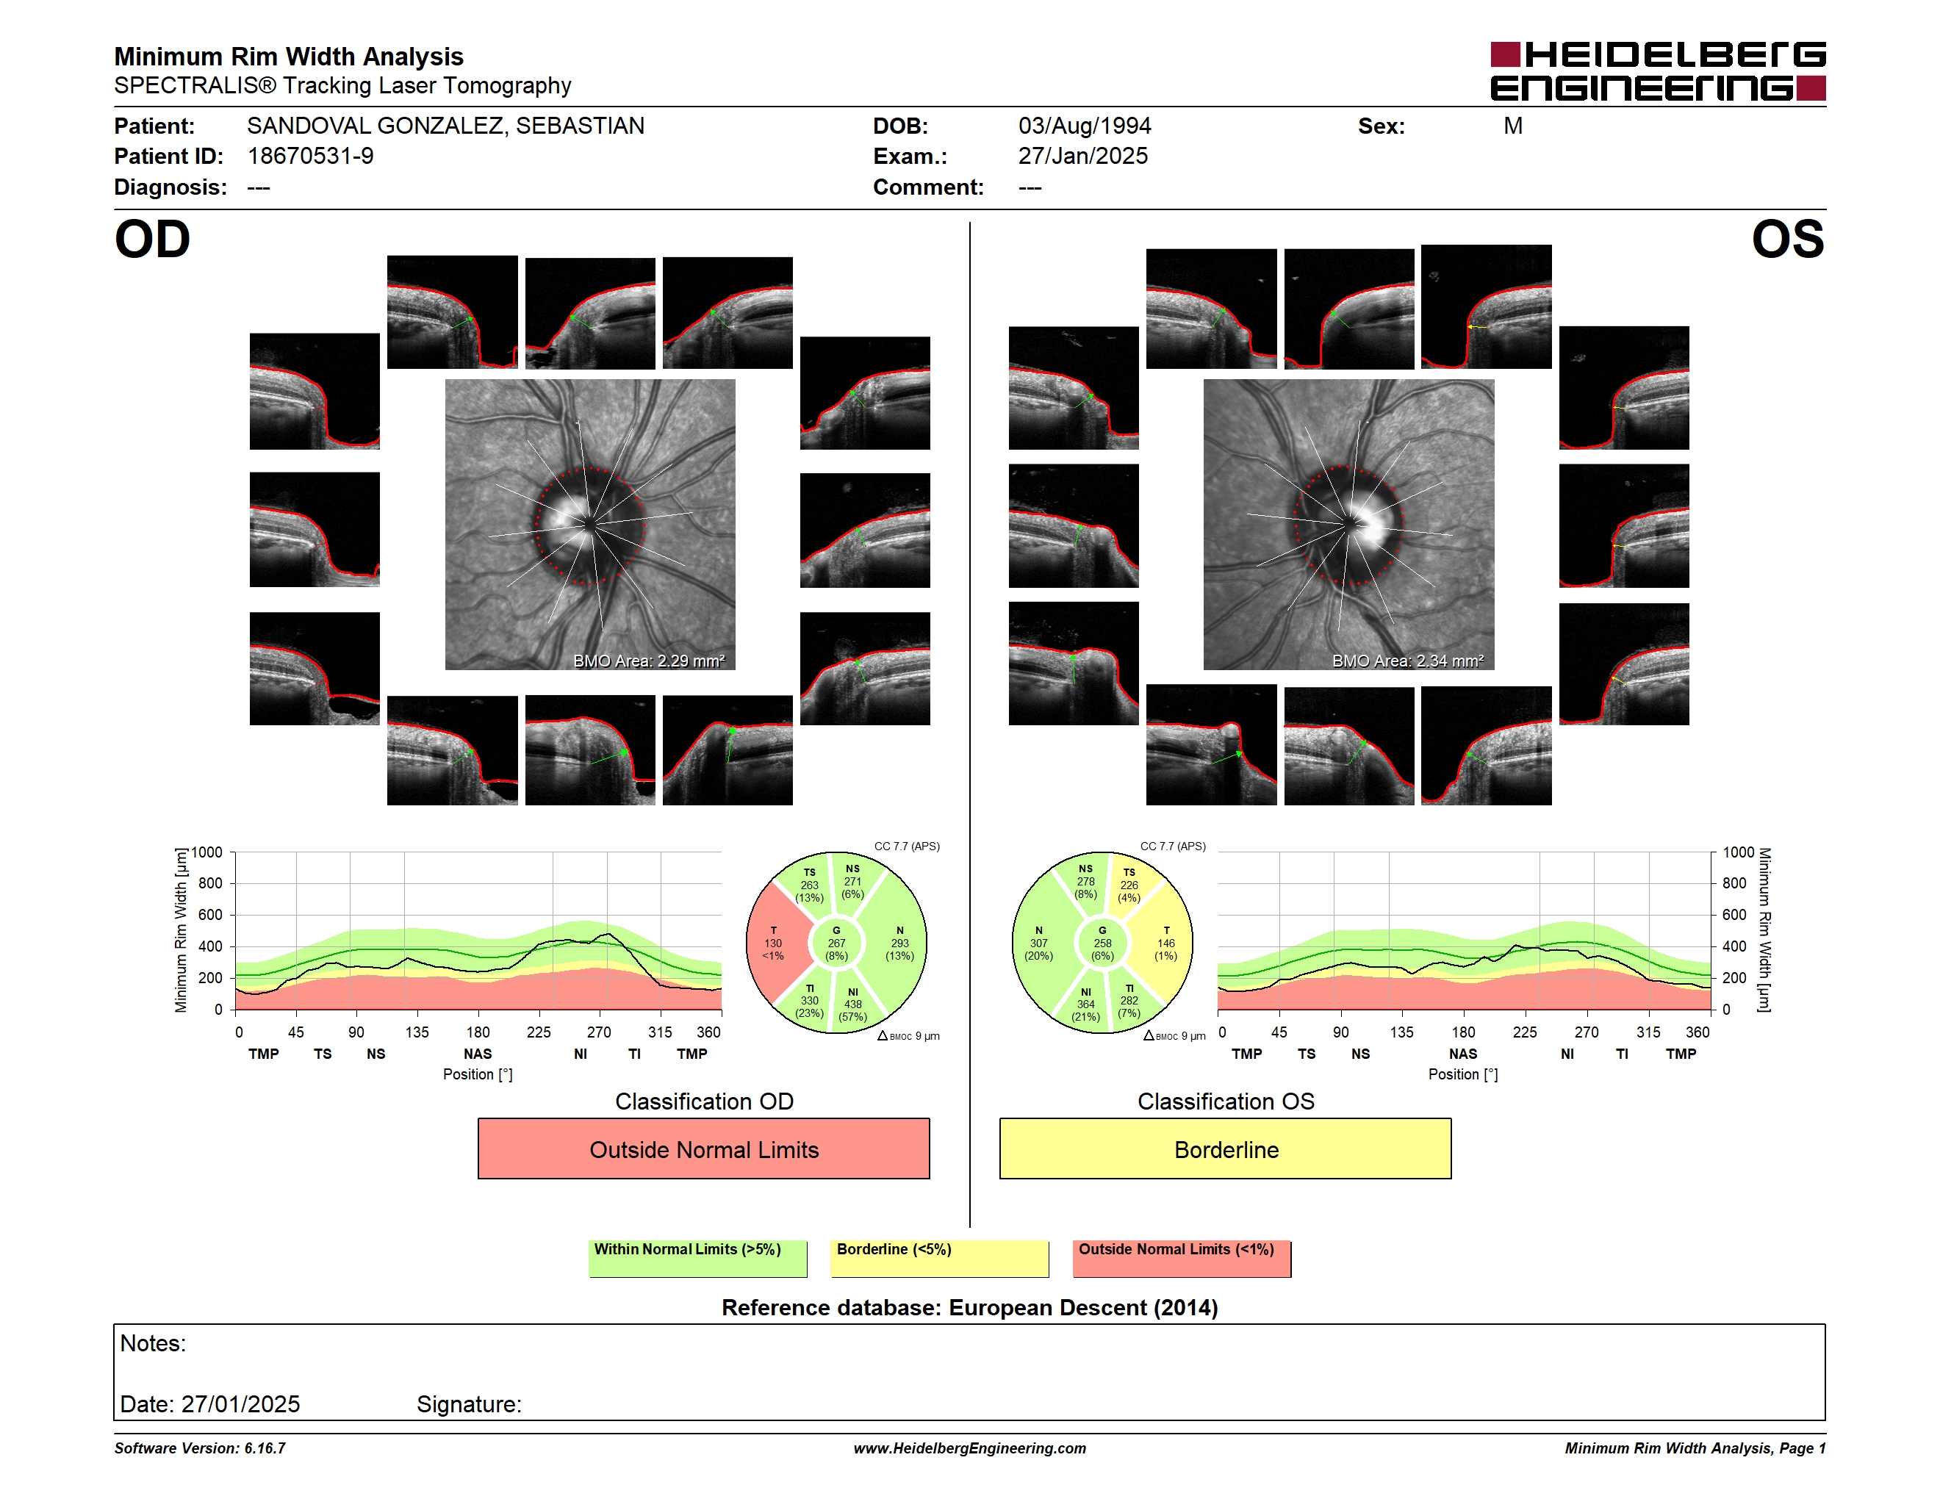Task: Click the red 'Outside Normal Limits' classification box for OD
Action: tap(703, 1148)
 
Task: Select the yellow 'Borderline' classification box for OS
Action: tap(1226, 1148)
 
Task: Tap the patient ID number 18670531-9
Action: tap(310, 157)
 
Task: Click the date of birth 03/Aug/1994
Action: tap(1085, 126)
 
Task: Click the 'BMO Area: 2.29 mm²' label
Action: tap(648, 661)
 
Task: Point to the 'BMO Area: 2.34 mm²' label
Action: tap(1408, 661)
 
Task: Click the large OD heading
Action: tap(152, 240)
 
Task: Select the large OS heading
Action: tap(1787, 240)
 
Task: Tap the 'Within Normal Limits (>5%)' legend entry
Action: tap(697, 1258)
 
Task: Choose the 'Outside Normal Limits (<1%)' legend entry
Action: tap(1182, 1258)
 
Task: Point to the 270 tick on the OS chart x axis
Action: tap(1587, 1032)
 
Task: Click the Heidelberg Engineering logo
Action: tap(1658, 71)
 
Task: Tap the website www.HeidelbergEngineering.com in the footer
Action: tap(970, 1448)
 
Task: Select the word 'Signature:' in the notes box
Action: tap(469, 1404)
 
